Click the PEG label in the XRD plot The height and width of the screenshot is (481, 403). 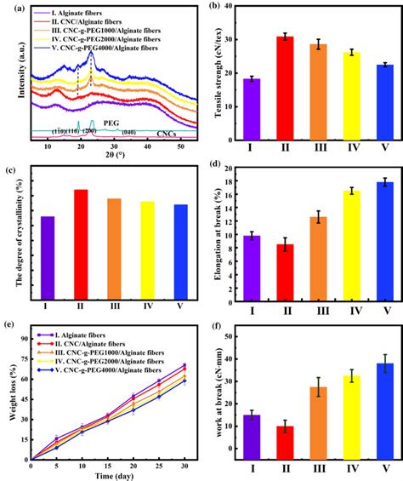coord(111,123)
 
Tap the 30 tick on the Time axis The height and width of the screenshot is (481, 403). coord(184,465)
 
